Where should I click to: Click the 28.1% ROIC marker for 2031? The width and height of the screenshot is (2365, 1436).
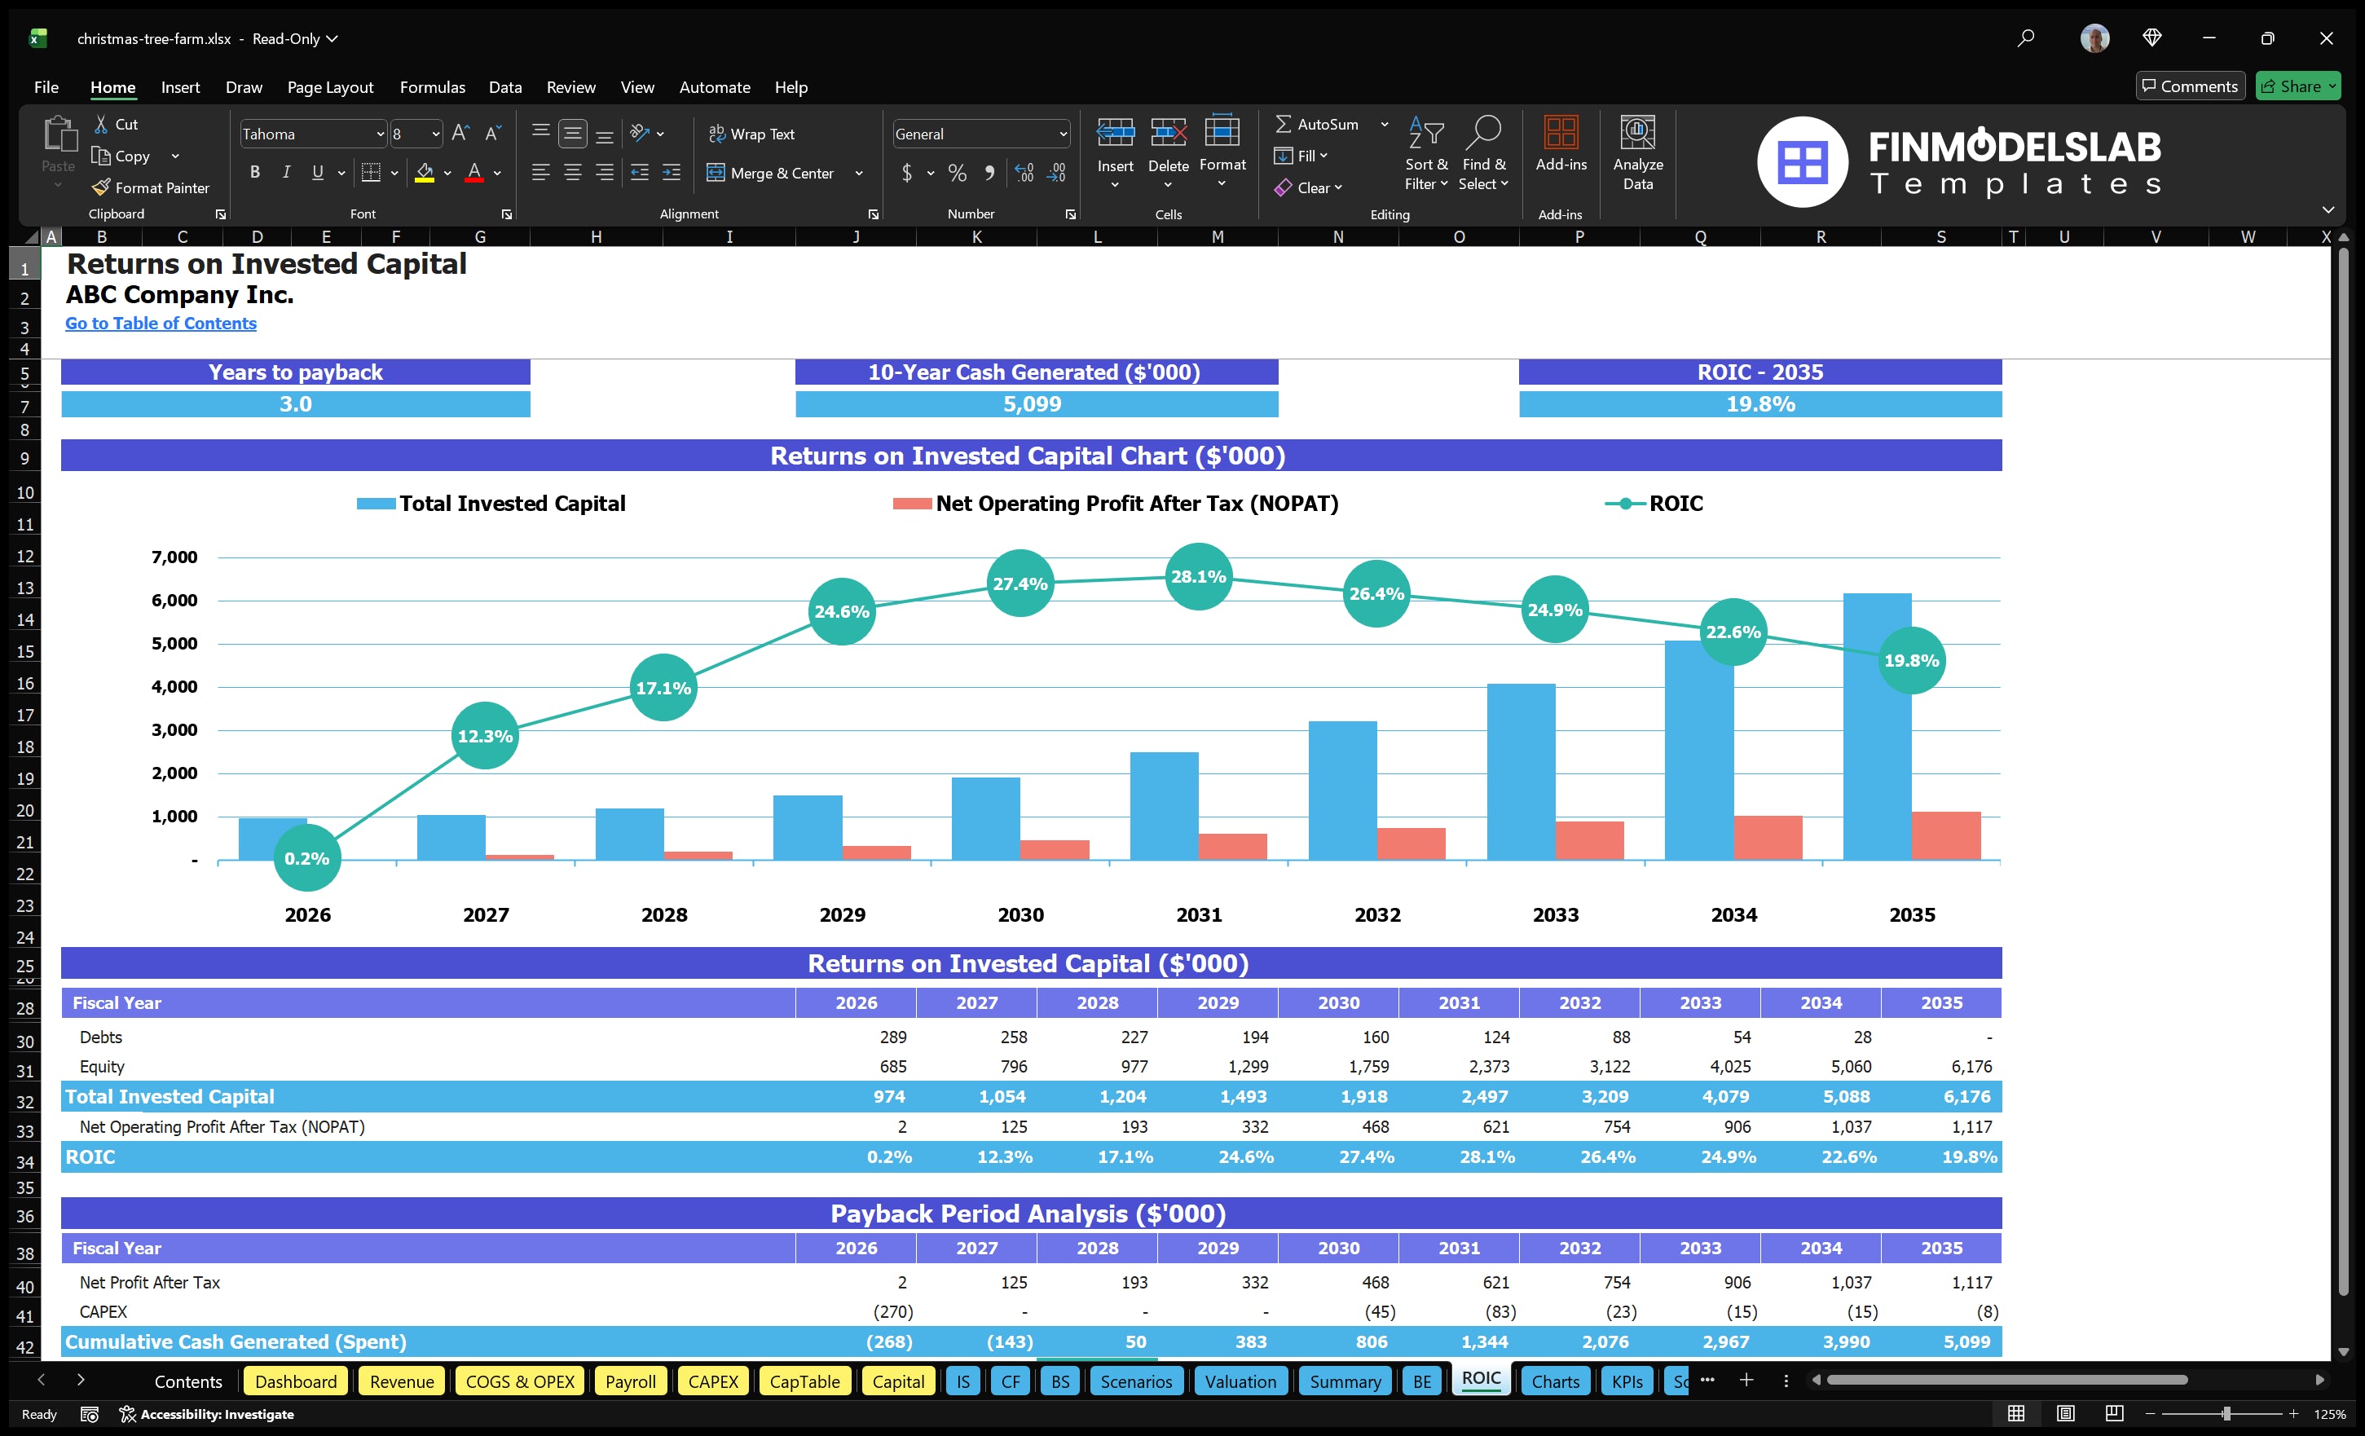click(x=1198, y=576)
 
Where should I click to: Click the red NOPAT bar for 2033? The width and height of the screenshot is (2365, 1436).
click(x=1589, y=841)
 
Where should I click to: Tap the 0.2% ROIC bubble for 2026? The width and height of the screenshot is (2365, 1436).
click(x=307, y=858)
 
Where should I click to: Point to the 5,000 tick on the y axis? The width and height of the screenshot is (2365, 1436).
click(x=174, y=644)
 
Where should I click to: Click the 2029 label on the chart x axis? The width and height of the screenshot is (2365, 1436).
click(x=842, y=914)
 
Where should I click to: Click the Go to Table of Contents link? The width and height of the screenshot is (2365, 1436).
click(x=161, y=324)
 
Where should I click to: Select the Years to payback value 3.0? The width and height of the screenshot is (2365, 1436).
click(x=296, y=404)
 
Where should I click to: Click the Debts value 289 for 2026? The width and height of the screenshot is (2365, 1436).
click(x=892, y=1037)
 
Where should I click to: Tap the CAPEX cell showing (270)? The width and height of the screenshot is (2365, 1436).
click(x=892, y=1311)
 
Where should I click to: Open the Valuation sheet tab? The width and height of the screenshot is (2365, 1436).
click(x=1240, y=1381)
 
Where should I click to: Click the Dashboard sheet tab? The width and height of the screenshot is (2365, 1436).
click(x=296, y=1381)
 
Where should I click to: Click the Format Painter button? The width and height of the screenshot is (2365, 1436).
click(x=151, y=188)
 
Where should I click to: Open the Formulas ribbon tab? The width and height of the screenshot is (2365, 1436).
click(x=432, y=87)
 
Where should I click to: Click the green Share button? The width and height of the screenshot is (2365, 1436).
click(x=2298, y=86)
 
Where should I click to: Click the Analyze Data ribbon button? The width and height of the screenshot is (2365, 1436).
click(x=1637, y=153)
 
